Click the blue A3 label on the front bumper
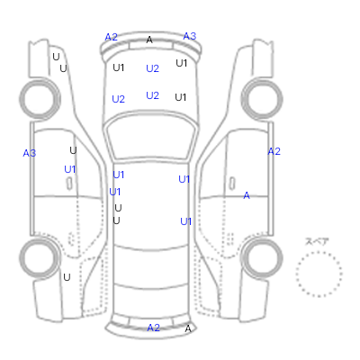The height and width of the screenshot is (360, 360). tap(190, 36)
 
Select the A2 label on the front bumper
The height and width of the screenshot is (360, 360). tap(111, 37)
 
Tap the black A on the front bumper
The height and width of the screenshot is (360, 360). tap(149, 40)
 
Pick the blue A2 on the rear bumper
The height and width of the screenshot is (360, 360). tap(153, 328)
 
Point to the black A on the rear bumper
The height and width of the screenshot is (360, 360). tap(188, 328)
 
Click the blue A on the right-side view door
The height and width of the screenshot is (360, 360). tap(247, 195)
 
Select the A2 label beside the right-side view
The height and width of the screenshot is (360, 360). tap(274, 151)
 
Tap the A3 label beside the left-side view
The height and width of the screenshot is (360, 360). tap(30, 153)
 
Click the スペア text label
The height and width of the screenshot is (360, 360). tap(317, 241)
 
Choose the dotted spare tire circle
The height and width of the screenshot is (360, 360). tap(319, 252)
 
